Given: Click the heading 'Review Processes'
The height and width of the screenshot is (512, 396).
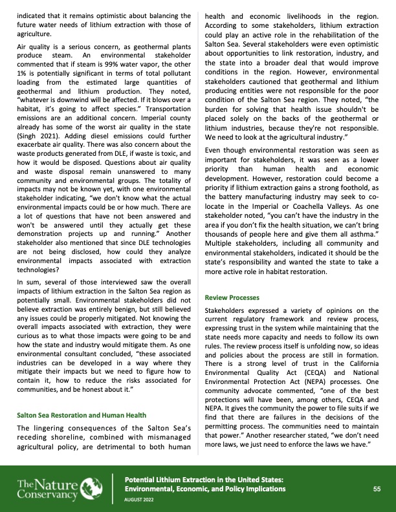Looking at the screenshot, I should (232, 298).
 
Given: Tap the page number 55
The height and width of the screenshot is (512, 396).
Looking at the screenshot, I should (376, 471).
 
